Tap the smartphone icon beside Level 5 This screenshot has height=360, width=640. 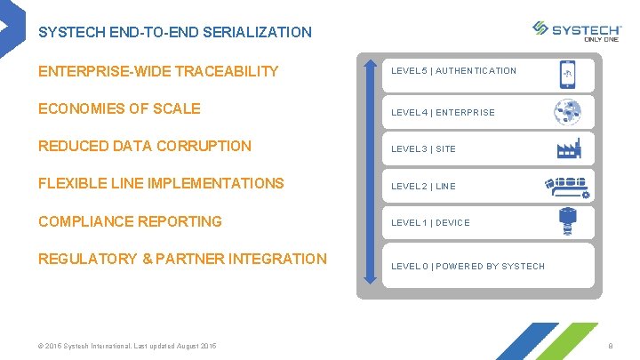coord(566,74)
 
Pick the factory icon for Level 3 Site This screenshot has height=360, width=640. coord(566,148)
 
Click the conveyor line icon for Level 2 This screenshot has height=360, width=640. coord(566,186)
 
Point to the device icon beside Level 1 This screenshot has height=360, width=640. coord(566,221)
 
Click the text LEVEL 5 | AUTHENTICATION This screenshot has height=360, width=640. coord(453,71)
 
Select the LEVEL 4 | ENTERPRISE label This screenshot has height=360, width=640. coord(443,113)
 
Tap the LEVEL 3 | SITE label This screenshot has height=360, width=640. coord(423,149)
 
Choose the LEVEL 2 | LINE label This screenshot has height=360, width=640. coord(423,187)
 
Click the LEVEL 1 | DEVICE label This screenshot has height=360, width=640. coord(430,223)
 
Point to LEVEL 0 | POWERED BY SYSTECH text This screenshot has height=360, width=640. coord(468,267)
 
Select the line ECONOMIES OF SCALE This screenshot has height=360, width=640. coord(119,108)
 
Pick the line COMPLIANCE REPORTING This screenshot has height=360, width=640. coord(130,221)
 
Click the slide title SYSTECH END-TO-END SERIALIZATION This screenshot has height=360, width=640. coord(175,32)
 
